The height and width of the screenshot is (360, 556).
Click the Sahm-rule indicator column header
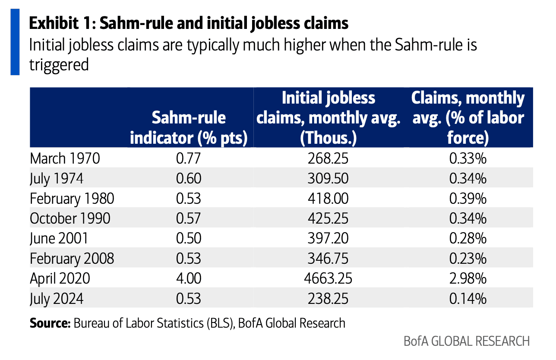pyautogui.click(x=189, y=128)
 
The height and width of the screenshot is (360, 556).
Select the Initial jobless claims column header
pyautogui.click(x=328, y=117)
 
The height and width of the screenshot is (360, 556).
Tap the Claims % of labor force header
pyautogui.click(x=468, y=117)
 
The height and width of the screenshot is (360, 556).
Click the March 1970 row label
pyautogui.click(x=65, y=158)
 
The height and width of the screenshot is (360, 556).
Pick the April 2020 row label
pyautogui.click(x=60, y=278)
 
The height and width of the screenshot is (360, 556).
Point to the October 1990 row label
pyautogui.click(x=70, y=218)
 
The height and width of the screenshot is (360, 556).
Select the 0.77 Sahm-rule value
pyautogui.click(x=189, y=158)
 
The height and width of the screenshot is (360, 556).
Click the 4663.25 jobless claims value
pyautogui.click(x=328, y=278)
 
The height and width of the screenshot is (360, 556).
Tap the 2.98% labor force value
pyautogui.click(x=468, y=278)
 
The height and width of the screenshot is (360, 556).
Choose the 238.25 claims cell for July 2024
pyautogui.click(x=328, y=298)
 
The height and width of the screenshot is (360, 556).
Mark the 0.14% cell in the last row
pyautogui.click(x=468, y=298)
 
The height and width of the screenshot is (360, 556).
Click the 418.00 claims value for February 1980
pyautogui.click(x=328, y=199)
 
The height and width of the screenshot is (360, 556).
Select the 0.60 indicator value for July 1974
pyautogui.click(x=189, y=178)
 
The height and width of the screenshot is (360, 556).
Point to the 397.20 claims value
pyautogui.click(x=328, y=238)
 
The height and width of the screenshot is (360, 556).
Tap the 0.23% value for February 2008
pyautogui.click(x=468, y=258)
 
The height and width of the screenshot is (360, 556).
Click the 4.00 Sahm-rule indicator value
pyautogui.click(x=189, y=278)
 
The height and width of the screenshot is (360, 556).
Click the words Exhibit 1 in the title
pyautogui.click(x=60, y=23)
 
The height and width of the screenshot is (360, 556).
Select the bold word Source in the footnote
pyautogui.click(x=49, y=323)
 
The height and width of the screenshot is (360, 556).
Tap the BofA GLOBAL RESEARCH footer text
pyautogui.click(x=467, y=341)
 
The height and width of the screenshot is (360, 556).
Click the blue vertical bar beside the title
pyautogui.click(x=15, y=42)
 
